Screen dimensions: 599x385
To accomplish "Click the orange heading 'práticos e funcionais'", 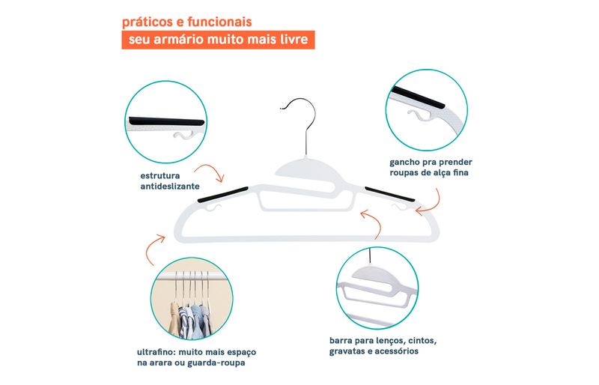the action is [x=186, y=22].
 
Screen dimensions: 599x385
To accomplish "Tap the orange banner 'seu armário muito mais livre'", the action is [x=218, y=40].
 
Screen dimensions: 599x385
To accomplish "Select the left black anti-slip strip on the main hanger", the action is [x=223, y=194].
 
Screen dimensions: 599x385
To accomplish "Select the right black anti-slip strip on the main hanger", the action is [x=389, y=194].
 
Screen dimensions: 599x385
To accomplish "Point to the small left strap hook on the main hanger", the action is [x=214, y=208].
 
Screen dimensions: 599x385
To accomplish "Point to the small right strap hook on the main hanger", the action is [x=399, y=207].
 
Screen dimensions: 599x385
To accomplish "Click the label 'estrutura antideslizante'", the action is [x=170, y=181].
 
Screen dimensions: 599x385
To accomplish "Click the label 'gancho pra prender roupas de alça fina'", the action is [x=431, y=168].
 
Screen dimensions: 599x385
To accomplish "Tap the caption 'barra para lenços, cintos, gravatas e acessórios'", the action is [x=383, y=346].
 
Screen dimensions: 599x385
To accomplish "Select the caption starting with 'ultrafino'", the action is [x=196, y=357].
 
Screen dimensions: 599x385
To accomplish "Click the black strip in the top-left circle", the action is [x=166, y=121].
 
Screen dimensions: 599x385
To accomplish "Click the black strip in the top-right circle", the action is [x=418, y=97].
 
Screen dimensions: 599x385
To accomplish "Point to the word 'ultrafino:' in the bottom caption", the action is [x=156, y=352].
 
